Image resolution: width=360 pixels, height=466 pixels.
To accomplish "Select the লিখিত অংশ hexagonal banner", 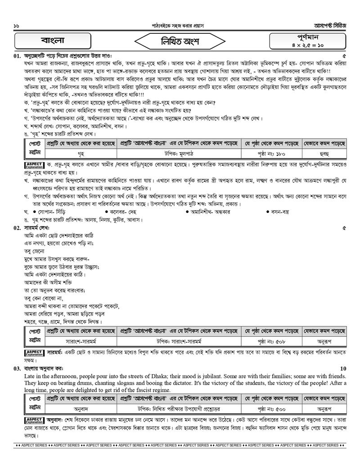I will [x=180, y=41].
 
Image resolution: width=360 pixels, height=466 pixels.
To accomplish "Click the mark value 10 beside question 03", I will [x=343, y=369].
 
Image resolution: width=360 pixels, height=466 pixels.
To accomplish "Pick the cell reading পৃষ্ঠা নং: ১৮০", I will [x=271, y=154].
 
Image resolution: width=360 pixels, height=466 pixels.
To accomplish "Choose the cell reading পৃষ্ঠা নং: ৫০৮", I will [x=271, y=342].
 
